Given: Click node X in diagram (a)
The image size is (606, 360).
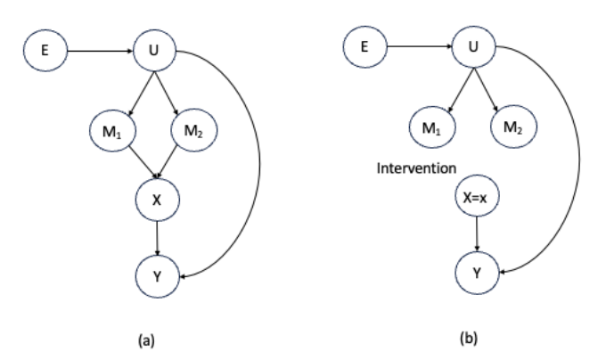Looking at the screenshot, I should point(157,200).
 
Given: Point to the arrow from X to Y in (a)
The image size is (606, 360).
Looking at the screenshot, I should point(158,238).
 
